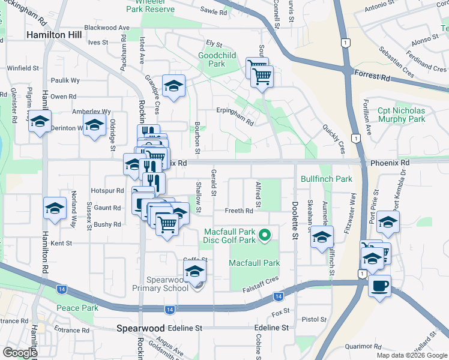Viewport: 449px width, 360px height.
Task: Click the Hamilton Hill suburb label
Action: pos(53,35)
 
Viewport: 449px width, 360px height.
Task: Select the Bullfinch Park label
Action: pos(327,179)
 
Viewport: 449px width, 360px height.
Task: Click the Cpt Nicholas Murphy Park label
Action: pos(401,115)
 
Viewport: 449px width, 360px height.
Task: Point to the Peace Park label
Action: pos(77,308)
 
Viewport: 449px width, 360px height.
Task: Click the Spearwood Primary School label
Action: pos(160,284)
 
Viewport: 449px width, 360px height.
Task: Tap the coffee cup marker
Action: pos(379,286)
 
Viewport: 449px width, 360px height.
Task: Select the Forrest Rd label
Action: pos(372,78)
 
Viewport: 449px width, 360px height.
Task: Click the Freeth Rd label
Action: pos(239,211)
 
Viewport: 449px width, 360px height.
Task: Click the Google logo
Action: pos(19,352)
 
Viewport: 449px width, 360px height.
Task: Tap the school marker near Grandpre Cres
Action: pos(173,87)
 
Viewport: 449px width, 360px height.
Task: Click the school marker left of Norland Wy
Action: pos(55,209)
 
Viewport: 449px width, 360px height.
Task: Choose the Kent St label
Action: pos(61,243)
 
